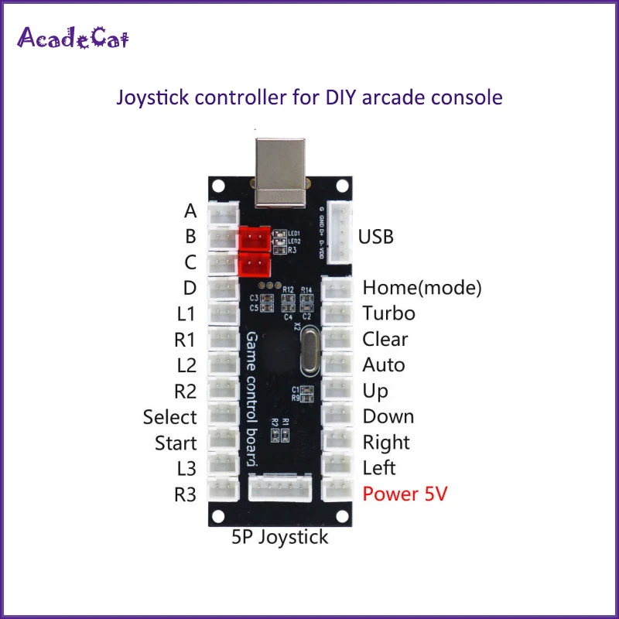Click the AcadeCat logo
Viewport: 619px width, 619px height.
pyautogui.click(x=74, y=37)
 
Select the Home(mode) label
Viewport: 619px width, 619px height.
pyautogui.click(x=422, y=288)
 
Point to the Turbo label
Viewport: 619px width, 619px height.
pyautogui.click(x=388, y=313)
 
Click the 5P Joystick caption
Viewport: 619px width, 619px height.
pyautogui.click(x=280, y=536)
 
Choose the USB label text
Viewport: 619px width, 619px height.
pyautogui.click(x=375, y=236)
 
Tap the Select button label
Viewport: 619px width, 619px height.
pyautogui.click(x=169, y=417)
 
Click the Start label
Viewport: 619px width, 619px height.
pyautogui.click(x=176, y=443)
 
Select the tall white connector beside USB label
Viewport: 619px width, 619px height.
pyautogui.click(x=339, y=232)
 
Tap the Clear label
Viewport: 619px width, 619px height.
pyautogui.click(x=385, y=339)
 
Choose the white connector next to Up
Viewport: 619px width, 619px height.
pyautogui.click(x=337, y=391)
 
